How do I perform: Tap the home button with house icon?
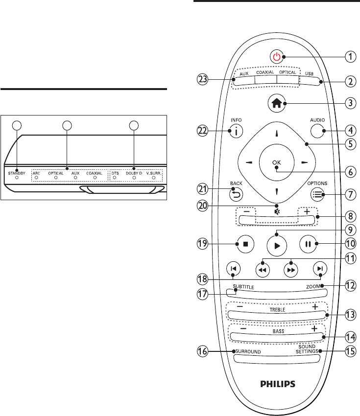(277, 103)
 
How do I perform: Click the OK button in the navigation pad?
(277, 162)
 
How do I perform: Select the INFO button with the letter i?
(236, 131)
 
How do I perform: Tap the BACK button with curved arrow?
(236, 195)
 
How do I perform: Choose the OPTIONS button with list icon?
(317, 194)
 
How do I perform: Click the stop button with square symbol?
(245, 244)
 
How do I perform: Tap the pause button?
(308, 244)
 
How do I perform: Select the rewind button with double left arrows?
(263, 270)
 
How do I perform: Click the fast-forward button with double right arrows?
(291, 270)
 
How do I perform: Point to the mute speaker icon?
(277, 212)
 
